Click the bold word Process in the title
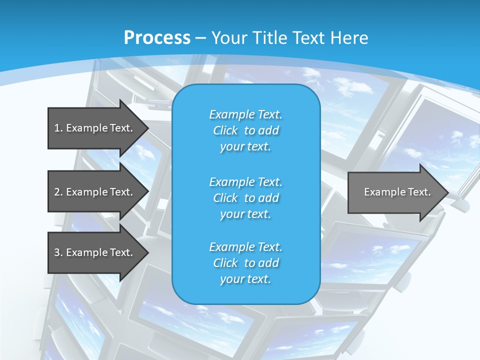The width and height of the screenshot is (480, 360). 157,38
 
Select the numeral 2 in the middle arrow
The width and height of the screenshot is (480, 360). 57,192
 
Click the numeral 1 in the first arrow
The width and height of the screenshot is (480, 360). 57,128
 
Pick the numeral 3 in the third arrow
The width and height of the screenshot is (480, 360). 57,252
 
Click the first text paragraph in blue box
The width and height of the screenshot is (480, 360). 246,130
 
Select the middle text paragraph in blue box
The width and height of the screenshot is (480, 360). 246,198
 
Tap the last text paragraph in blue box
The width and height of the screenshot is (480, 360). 246,263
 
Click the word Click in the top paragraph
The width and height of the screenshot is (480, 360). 225,130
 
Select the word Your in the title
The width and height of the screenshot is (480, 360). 228,38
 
